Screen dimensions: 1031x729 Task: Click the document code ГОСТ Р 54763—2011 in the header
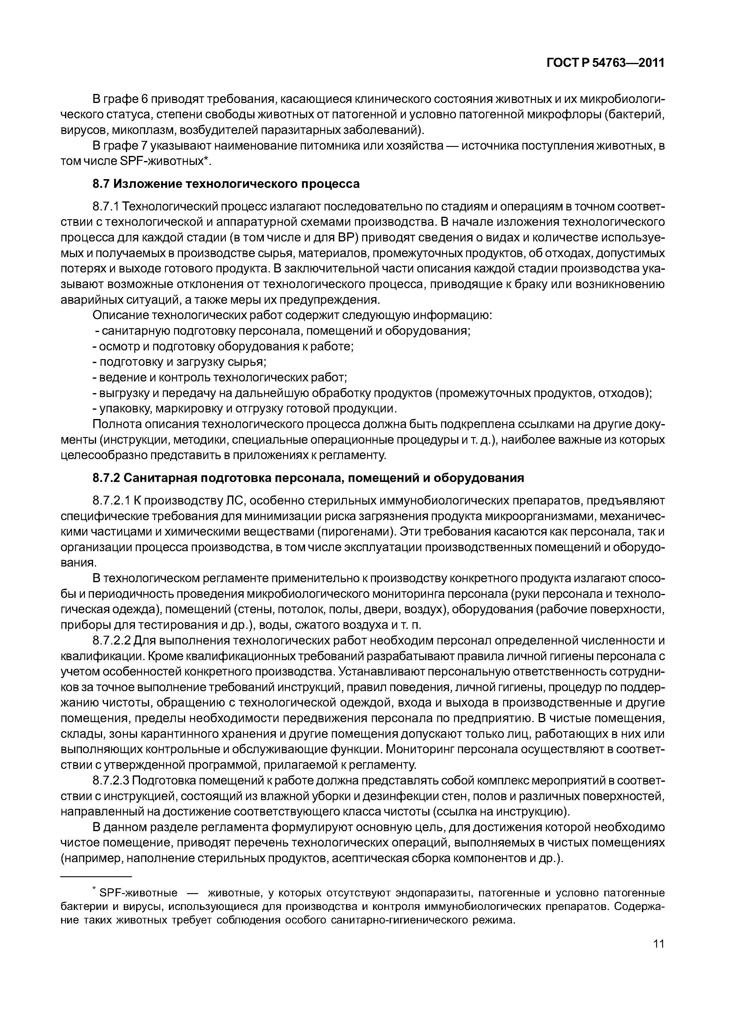(x=605, y=63)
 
